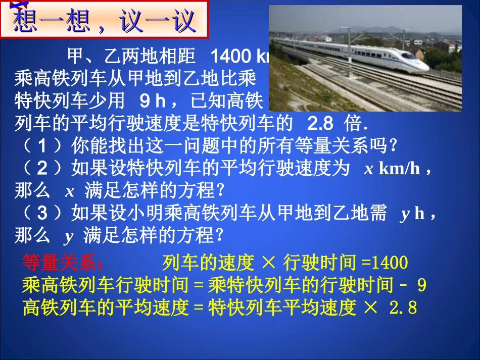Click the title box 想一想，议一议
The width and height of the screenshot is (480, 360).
105,20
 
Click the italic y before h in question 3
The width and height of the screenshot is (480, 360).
404,214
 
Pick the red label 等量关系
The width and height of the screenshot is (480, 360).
63,263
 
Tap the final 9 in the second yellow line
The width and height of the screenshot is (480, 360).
421,286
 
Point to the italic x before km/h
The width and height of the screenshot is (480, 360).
369,169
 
